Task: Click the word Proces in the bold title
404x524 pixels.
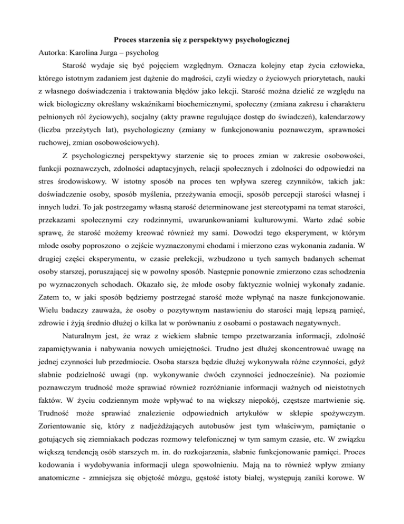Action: (126, 40)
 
